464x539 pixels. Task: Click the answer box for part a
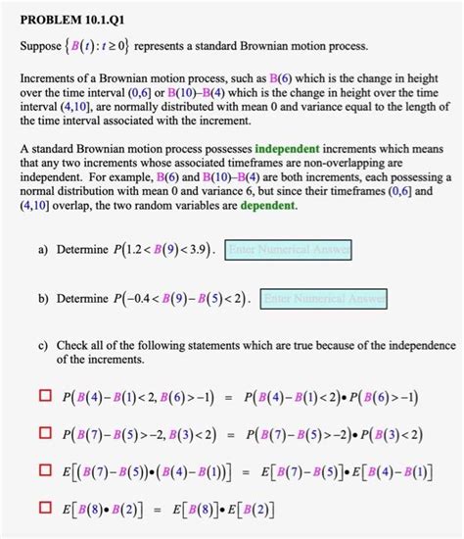(x=289, y=251)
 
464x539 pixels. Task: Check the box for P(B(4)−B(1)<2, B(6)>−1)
(x=44, y=396)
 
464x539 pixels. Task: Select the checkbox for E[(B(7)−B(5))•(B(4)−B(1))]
(x=44, y=471)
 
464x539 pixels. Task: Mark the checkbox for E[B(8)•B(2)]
(x=44, y=509)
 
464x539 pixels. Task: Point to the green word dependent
(x=263, y=207)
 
